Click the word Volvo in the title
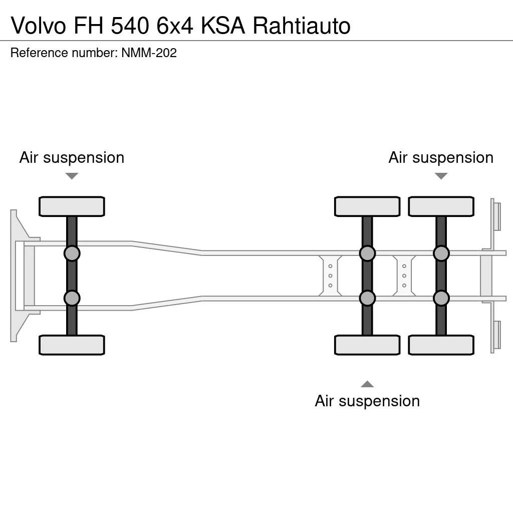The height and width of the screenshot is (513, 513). coord(39,26)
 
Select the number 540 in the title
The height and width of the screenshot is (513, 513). coord(130,26)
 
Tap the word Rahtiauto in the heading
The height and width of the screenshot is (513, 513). coord(301,26)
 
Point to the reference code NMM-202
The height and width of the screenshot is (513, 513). coord(149,53)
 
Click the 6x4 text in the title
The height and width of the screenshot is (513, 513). coord(175,26)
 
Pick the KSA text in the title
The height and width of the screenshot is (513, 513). coord(223,26)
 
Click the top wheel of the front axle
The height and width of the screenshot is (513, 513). coord(72,206)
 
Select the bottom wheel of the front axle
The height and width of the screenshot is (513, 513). coord(72,345)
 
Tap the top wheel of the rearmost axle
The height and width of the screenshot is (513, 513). coord(441,206)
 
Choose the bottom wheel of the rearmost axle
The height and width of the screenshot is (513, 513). coord(441,345)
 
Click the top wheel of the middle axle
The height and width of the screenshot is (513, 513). coord(367,206)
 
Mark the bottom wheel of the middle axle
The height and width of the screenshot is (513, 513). coord(367,345)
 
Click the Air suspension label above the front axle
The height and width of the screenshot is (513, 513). coord(72,158)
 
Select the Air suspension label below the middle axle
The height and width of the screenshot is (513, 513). coord(367,401)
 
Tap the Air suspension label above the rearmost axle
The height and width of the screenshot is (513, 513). coord(441,158)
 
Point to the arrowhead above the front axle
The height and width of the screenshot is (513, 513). coord(72,176)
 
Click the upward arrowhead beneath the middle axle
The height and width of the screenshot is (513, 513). coord(367,384)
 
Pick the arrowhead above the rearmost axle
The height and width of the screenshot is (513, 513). coord(441,176)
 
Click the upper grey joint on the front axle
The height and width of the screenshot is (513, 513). coord(72,253)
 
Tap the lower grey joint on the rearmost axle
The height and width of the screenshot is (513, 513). coord(441,298)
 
